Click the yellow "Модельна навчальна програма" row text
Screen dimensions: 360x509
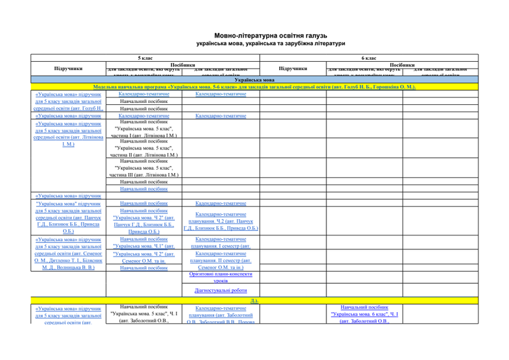pyautogui.click(x=254, y=87)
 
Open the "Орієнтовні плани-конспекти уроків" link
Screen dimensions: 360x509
pyautogui.click(x=221, y=277)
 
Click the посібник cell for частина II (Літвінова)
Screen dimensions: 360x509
pyautogui.click(x=144, y=148)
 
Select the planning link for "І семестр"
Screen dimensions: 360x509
pyautogui.click(x=221, y=242)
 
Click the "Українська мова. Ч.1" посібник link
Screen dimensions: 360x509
pyautogui.click(x=144, y=246)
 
